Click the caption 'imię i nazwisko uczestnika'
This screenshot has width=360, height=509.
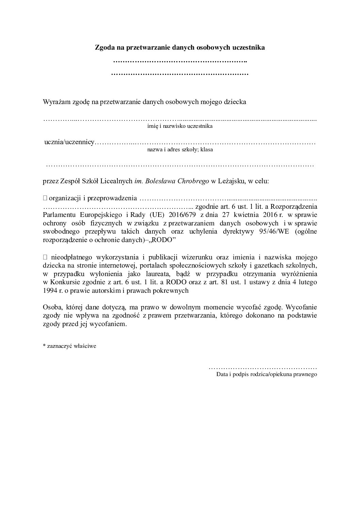pyautogui.click(x=180, y=126)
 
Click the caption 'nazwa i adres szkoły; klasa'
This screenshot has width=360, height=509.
pyautogui.click(x=180, y=149)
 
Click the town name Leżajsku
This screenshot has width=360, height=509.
pyautogui.click(x=229, y=181)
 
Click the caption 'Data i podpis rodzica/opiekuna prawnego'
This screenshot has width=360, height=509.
pyautogui.click(x=266, y=374)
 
